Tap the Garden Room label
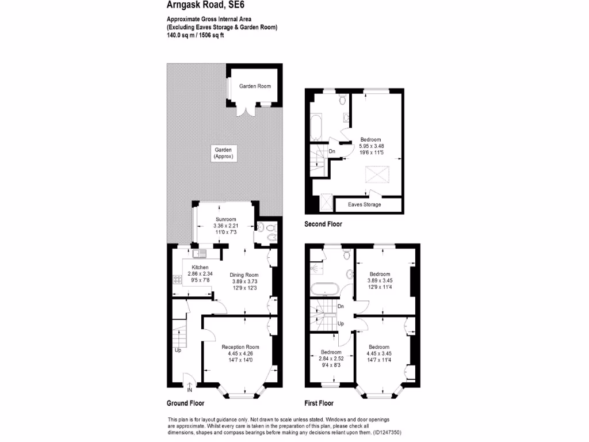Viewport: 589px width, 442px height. click(x=255, y=86)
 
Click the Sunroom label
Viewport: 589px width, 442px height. click(x=225, y=219)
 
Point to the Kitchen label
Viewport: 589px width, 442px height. click(x=200, y=268)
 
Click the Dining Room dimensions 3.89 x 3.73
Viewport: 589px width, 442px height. click(x=245, y=281)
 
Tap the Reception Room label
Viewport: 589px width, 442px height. click(x=240, y=347)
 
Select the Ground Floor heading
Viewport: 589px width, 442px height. click(x=185, y=403)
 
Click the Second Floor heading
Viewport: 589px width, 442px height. click(x=323, y=224)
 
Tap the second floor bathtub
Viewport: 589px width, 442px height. click(x=317, y=128)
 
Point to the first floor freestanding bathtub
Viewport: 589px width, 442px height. click(x=326, y=288)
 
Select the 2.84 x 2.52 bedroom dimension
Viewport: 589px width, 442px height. click(x=331, y=359)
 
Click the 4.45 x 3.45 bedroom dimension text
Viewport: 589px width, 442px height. click(x=379, y=353)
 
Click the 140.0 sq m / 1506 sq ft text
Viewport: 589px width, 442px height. click(x=195, y=35)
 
